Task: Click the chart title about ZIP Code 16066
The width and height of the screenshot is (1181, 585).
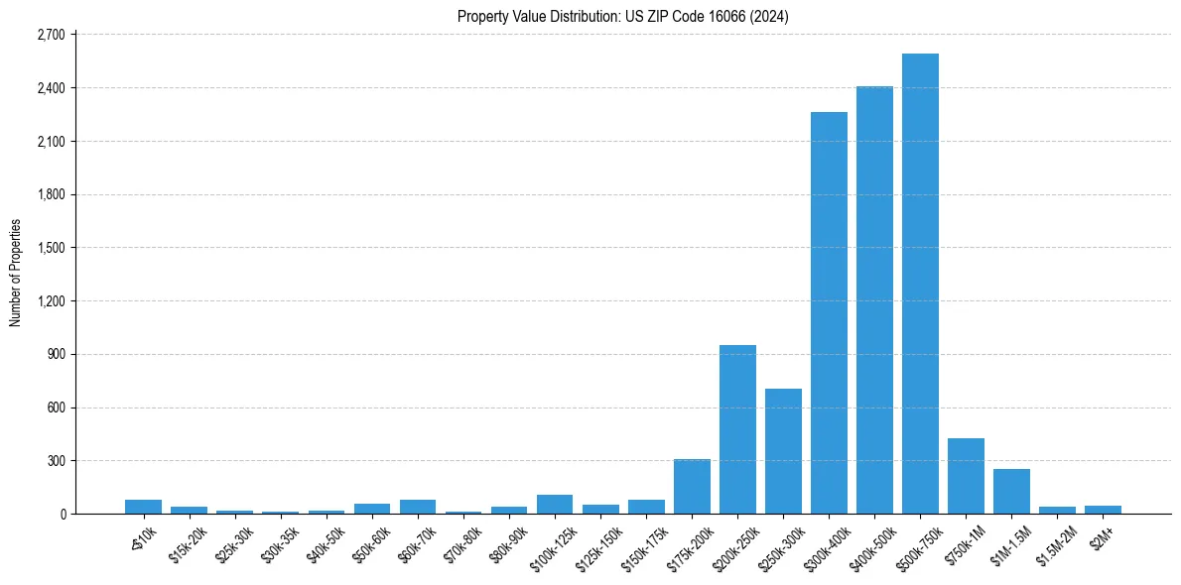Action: click(x=622, y=17)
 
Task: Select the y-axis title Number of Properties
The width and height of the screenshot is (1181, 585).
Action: click(x=16, y=273)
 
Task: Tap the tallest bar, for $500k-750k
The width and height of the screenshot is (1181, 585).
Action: click(x=920, y=284)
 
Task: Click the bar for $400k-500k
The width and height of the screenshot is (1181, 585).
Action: click(x=874, y=299)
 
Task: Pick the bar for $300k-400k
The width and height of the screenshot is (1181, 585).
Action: click(x=829, y=312)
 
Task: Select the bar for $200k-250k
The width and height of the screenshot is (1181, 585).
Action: click(x=737, y=429)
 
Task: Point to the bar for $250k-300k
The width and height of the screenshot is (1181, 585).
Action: click(x=783, y=451)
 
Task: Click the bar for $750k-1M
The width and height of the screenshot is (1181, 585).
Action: click(x=966, y=476)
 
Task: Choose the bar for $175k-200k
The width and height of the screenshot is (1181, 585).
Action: click(x=692, y=486)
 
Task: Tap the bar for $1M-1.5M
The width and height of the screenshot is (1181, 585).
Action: click(x=1011, y=491)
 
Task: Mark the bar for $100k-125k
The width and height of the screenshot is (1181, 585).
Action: click(x=555, y=504)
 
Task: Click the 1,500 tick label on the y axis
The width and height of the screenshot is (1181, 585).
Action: click(x=50, y=248)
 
